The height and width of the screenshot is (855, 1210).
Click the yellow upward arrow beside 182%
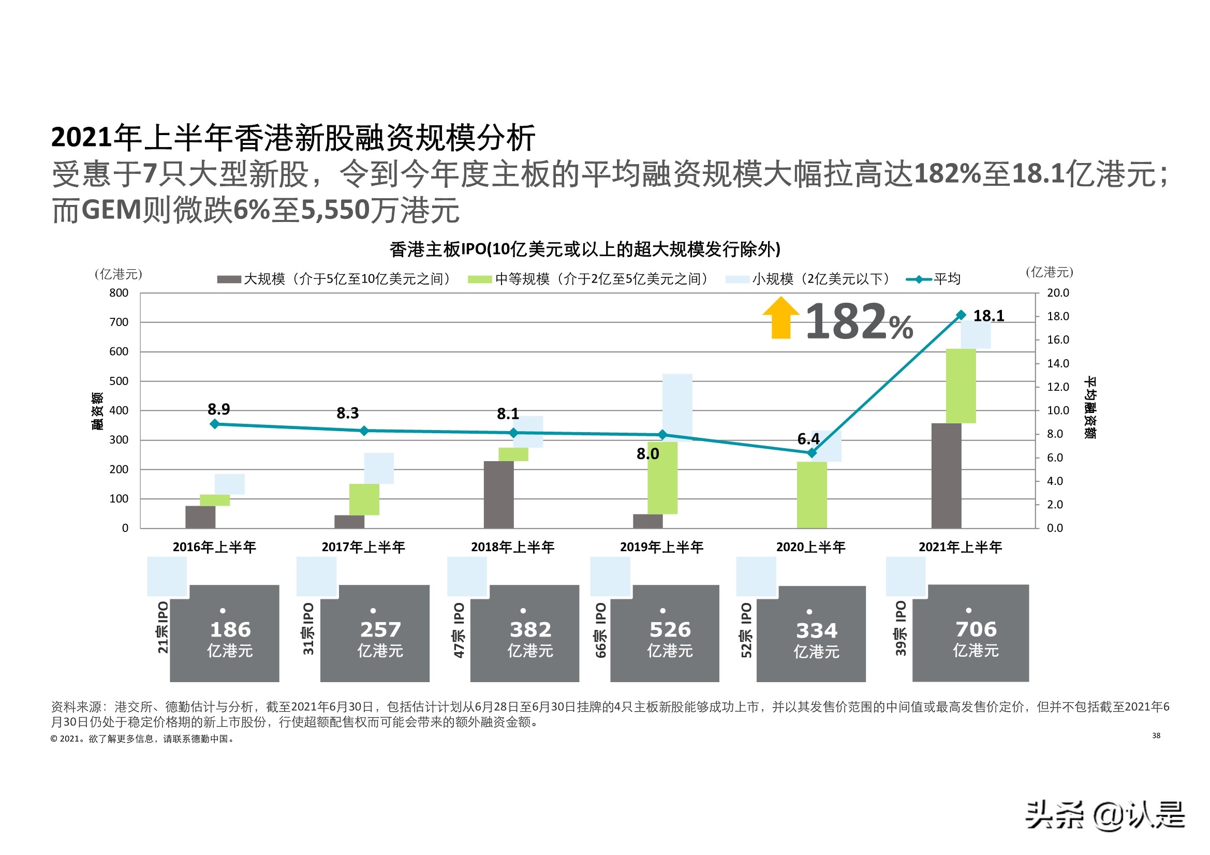pos(780,318)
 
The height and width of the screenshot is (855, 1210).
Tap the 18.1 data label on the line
pos(988,316)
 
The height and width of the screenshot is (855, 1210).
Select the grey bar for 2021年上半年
pos(946,475)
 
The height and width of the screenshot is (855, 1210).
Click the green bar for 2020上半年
pos(811,494)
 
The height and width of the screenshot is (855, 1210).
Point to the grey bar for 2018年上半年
pos(498,494)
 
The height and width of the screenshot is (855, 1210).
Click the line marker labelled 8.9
pos(214,424)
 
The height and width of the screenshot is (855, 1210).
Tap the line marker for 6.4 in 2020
pos(811,453)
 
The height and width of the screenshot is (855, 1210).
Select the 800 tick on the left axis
pos(119,292)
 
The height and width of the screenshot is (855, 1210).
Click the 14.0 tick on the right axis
pos(1057,363)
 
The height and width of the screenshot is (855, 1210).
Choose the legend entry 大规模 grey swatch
pos(229,279)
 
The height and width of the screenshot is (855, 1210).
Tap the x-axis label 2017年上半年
pos(363,547)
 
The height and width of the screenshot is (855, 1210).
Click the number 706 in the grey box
pos(976,629)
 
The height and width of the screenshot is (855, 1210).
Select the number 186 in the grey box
pos(230,629)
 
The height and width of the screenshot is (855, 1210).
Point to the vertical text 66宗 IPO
pos(601,630)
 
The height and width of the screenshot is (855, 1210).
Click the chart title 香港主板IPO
pos(584,249)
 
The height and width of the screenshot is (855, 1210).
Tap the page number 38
pos(1156,735)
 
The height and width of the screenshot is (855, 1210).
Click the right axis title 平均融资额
pos(1090,407)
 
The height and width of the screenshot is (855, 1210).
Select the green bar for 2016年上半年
pos(214,500)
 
